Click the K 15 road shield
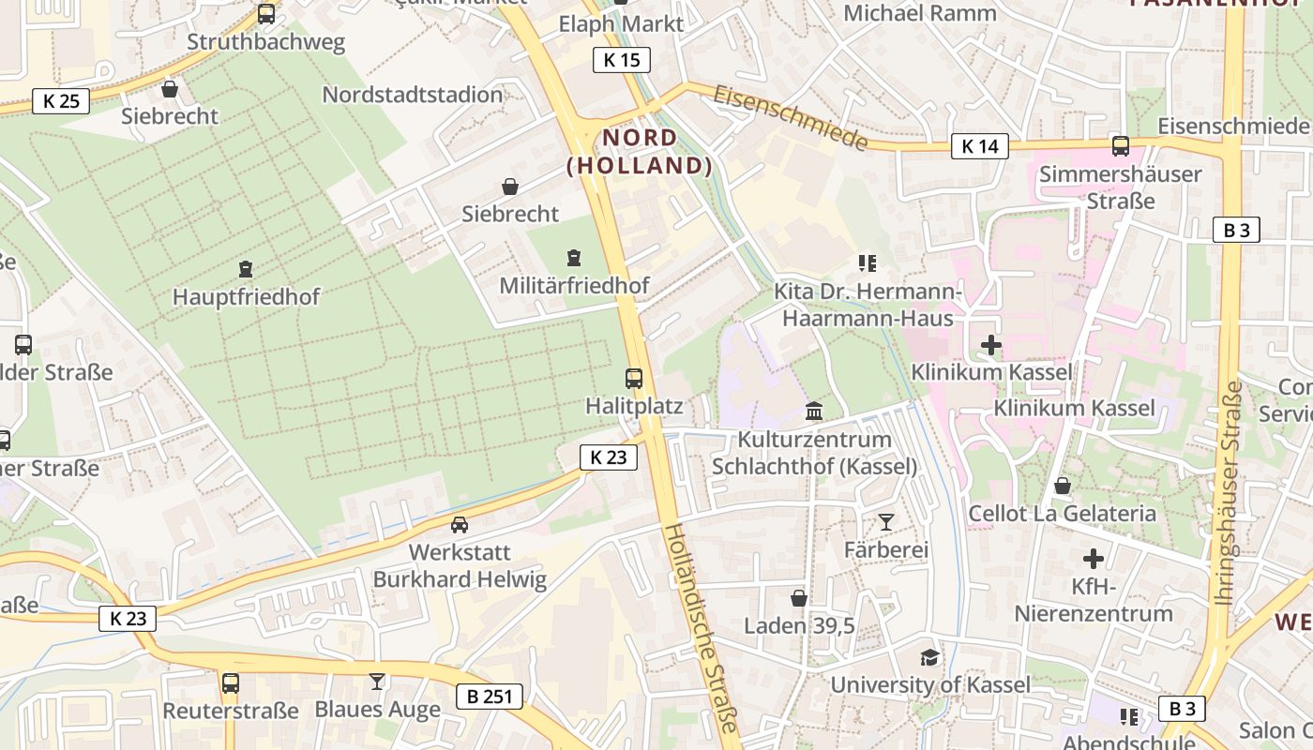tap(621, 60)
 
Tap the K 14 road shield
tap(979, 146)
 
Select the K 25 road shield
tap(61, 101)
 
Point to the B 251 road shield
tap(489, 697)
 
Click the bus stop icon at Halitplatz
tap(634, 379)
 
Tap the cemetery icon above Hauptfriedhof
tap(246, 270)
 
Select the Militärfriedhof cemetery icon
tap(574, 257)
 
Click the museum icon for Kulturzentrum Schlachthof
tap(814, 412)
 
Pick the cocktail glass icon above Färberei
tap(885, 522)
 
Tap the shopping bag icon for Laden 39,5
tap(799, 598)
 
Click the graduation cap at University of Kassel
tap(929, 657)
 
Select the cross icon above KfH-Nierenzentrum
tap(1094, 559)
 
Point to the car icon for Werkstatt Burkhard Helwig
tap(459, 525)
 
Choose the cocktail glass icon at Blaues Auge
tap(377, 682)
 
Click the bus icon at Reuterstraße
tap(231, 683)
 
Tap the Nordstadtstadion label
tap(413, 95)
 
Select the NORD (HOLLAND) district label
tap(640, 152)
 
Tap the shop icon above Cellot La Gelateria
tap(1062, 486)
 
